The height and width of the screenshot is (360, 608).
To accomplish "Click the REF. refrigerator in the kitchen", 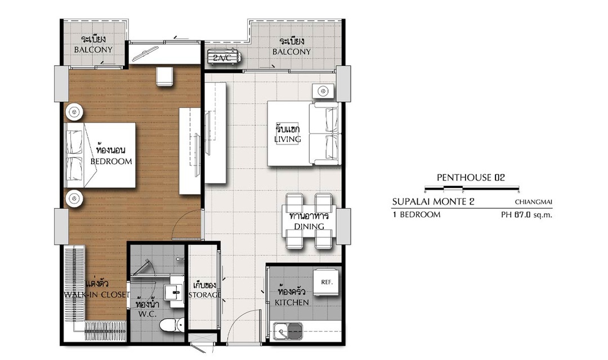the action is point(327,282).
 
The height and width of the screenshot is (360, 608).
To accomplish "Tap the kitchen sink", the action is point(289,331).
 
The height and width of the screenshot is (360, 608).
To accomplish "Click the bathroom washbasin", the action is point(173,292).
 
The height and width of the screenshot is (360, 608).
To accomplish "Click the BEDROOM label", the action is point(111,161).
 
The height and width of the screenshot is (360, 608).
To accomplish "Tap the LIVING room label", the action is point(287,139).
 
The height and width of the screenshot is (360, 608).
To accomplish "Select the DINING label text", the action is point(309,226).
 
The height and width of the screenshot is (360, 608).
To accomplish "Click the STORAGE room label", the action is point(205,295).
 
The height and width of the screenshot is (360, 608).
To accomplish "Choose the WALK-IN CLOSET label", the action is point(97,295).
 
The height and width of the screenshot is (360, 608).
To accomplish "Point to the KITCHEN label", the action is point(292,302).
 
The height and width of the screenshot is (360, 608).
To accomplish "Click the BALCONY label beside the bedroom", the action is point(93,49).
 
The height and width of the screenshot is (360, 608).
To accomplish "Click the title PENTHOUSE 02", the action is point(471,178).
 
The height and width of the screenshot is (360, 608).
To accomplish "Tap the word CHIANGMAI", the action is point(534,202).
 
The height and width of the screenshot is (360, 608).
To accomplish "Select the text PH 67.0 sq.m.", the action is point(526,215).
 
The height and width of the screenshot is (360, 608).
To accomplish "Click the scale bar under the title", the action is point(472,189).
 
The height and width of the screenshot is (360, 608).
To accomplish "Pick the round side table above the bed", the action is point(74,112).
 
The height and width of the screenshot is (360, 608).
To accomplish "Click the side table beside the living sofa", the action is point(323,92).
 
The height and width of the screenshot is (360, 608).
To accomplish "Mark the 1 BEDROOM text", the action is point(417,215).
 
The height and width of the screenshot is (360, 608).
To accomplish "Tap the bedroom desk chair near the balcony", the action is point(165,76).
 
